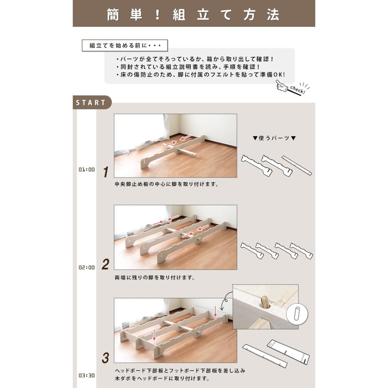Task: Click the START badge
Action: [x=92, y=102]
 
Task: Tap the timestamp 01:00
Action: [x=87, y=169]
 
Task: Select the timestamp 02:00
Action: [x=87, y=267]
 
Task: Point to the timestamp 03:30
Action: [x=87, y=376]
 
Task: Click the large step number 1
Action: [x=106, y=172]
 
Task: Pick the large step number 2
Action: [x=105, y=264]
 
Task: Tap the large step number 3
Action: [x=105, y=358]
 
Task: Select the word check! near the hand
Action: [x=298, y=90]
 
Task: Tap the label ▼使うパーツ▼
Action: [x=274, y=138]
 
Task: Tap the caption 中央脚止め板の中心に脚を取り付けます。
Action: [x=166, y=184]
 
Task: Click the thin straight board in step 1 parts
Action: [x=297, y=166]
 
